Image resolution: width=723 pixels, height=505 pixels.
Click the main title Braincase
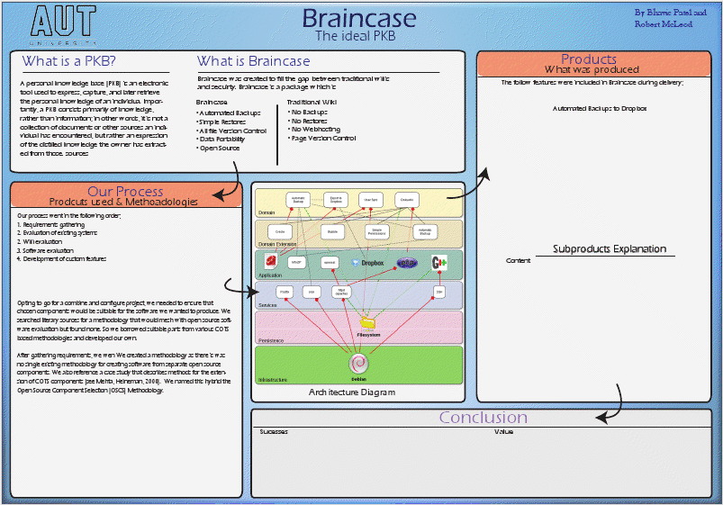tap(358, 18)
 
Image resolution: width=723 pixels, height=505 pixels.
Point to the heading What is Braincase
tap(253, 61)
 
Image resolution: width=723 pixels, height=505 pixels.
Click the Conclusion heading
tap(483, 418)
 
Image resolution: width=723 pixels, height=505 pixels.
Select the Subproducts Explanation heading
tap(609, 249)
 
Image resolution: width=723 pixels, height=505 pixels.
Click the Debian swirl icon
tap(358, 363)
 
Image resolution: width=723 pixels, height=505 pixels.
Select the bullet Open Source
tap(221, 148)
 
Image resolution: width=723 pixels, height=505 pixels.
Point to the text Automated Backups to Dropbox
tap(598, 108)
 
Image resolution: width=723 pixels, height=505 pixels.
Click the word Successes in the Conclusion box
tap(274, 432)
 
